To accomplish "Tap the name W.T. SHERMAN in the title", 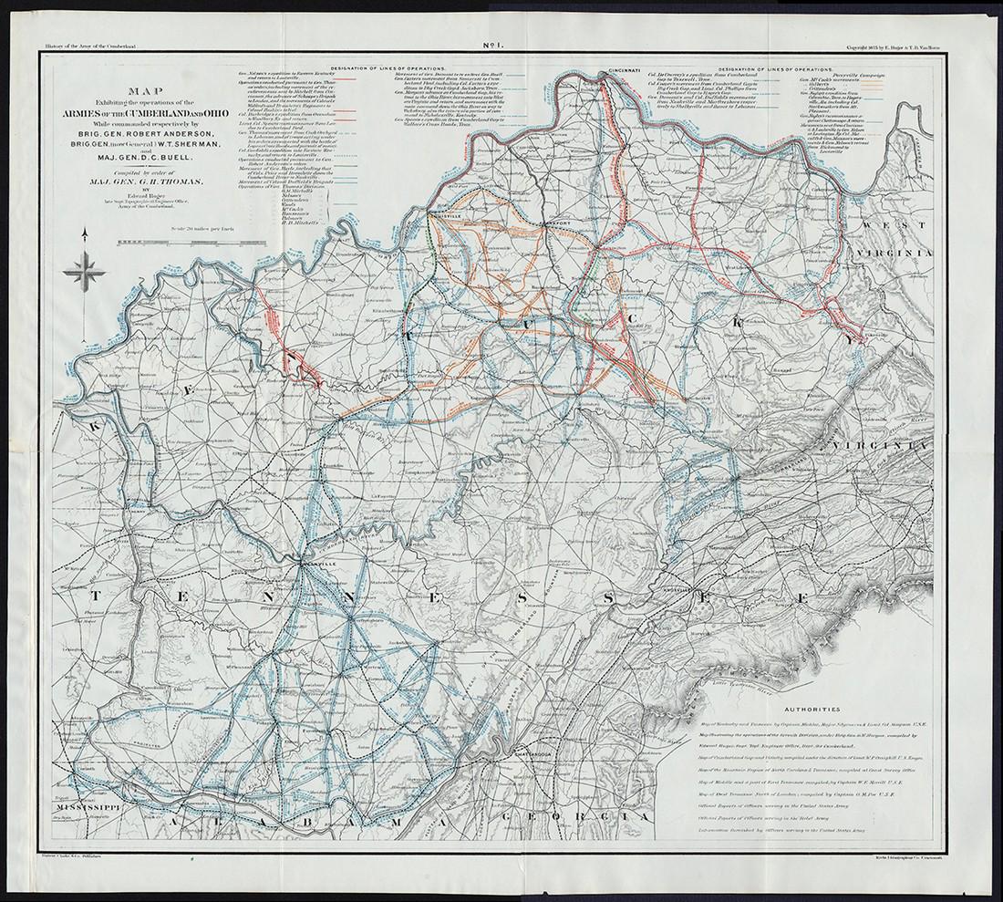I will [187, 143].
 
